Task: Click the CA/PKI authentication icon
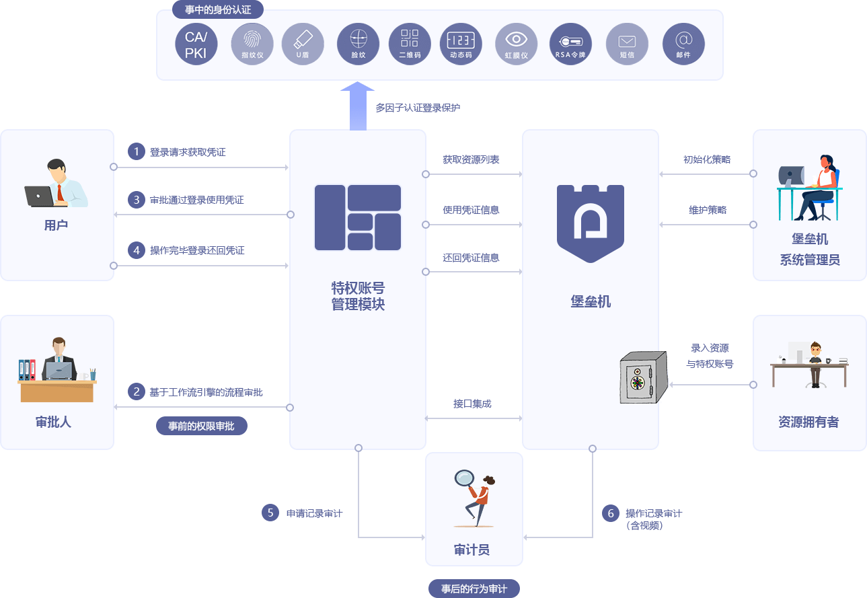point(196,44)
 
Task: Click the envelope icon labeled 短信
point(626,44)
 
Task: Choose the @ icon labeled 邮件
point(683,44)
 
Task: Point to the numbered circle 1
point(137,151)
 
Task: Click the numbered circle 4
point(137,250)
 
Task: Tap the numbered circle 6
point(611,513)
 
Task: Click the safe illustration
point(642,377)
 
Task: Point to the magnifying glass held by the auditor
point(464,479)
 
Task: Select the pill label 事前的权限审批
point(201,426)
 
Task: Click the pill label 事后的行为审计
point(474,589)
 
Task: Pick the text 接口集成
point(472,404)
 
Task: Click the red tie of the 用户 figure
point(60,192)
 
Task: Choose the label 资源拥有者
point(808,422)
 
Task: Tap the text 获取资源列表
point(471,160)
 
